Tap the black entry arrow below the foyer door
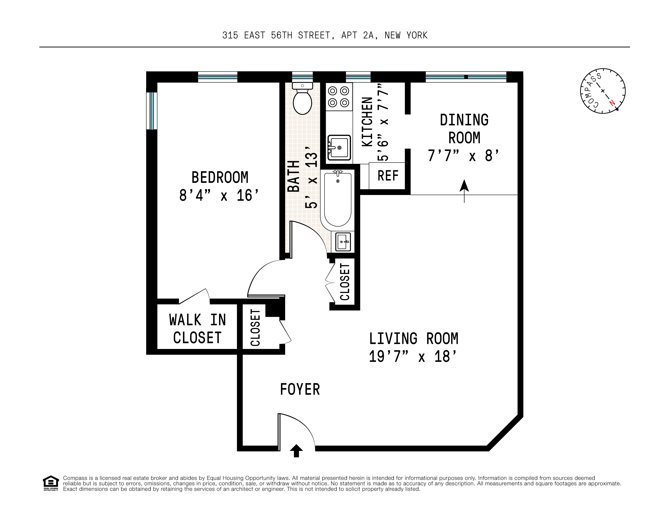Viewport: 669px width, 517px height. (x=296, y=451)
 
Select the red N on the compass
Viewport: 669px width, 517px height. (x=612, y=103)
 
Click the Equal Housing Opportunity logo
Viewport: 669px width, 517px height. (x=51, y=483)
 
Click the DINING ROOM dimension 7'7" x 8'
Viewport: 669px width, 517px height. (x=464, y=156)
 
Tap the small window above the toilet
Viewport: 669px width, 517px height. (x=302, y=77)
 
